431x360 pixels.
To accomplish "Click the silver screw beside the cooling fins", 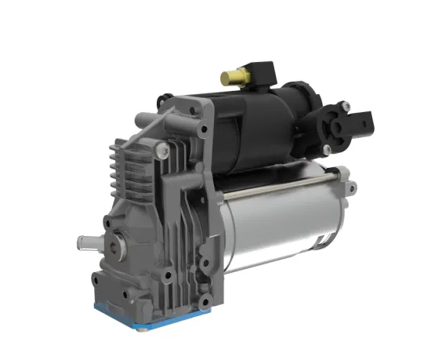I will [x=161, y=147].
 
